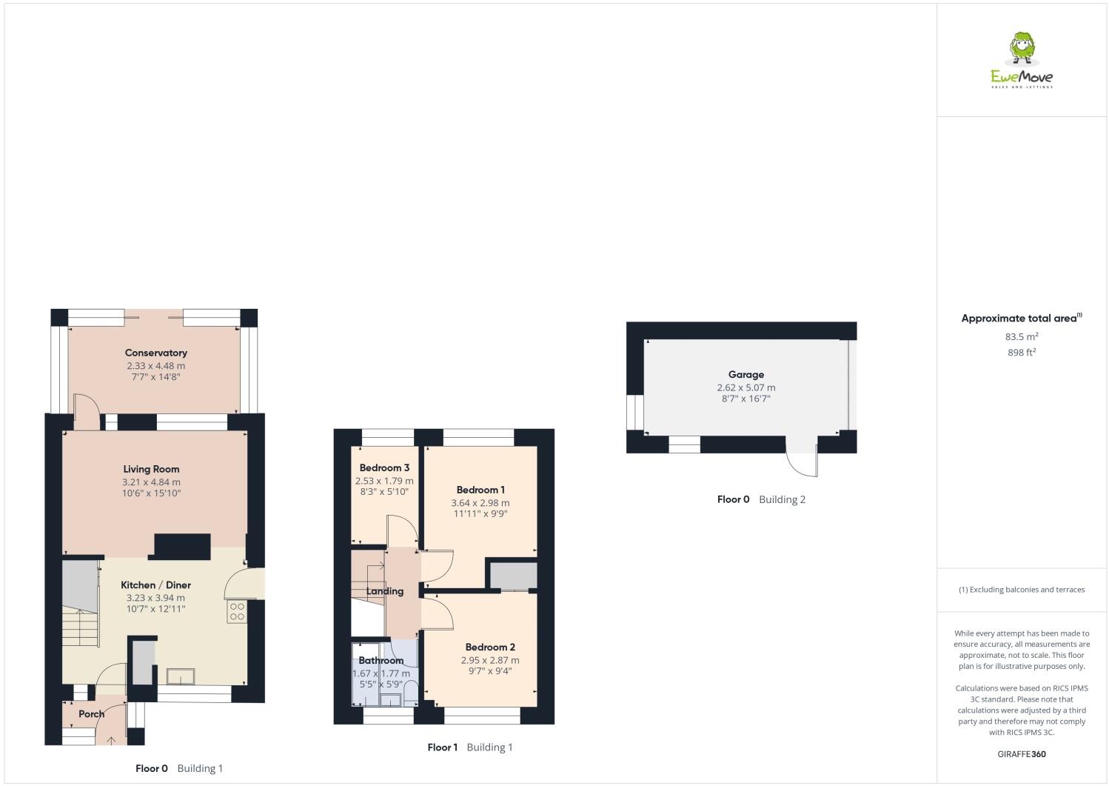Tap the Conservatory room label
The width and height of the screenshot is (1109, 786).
point(155,353)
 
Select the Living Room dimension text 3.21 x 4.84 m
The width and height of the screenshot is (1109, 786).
point(151,482)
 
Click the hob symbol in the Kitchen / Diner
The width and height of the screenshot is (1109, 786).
point(237,611)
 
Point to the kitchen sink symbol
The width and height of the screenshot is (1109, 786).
point(181,675)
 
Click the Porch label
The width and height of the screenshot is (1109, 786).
point(91,714)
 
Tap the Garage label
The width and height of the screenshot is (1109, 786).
point(746,375)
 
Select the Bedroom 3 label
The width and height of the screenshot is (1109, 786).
point(384,468)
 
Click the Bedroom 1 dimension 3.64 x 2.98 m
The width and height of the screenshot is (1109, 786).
point(480,502)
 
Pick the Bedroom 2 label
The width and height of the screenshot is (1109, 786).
point(490,647)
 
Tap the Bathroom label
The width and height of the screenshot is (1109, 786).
point(381,660)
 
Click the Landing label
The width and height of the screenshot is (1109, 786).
point(385,591)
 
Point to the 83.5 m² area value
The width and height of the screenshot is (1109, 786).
point(1022,336)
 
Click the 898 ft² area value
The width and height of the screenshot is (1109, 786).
point(1022,353)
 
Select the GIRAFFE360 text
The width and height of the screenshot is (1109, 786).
point(1022,755)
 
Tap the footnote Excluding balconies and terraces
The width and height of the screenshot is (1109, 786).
point(1022,590)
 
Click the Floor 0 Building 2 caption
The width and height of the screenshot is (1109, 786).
point(761,499)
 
